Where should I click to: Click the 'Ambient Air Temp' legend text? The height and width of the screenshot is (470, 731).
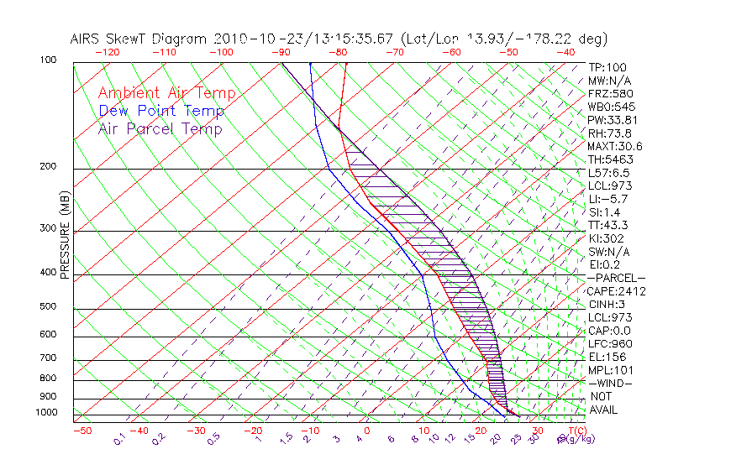click(166, 93)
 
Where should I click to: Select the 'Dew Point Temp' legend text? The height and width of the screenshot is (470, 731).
click(160, 111)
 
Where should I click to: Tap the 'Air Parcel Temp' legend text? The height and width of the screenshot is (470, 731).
click(160, 128)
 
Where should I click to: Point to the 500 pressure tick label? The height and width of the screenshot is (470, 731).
click(47, 306)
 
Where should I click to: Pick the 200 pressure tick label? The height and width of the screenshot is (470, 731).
click(47, 166)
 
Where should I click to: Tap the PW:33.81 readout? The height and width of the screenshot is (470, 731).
click(610, 120)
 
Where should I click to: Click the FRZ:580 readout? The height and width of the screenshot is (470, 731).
click(607, 93)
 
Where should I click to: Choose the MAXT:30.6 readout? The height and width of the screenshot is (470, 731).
click(613, 146)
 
